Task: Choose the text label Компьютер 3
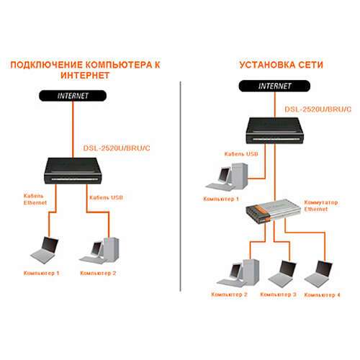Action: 277,295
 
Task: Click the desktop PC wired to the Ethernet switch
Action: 239,270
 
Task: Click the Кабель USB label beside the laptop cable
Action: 107,197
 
